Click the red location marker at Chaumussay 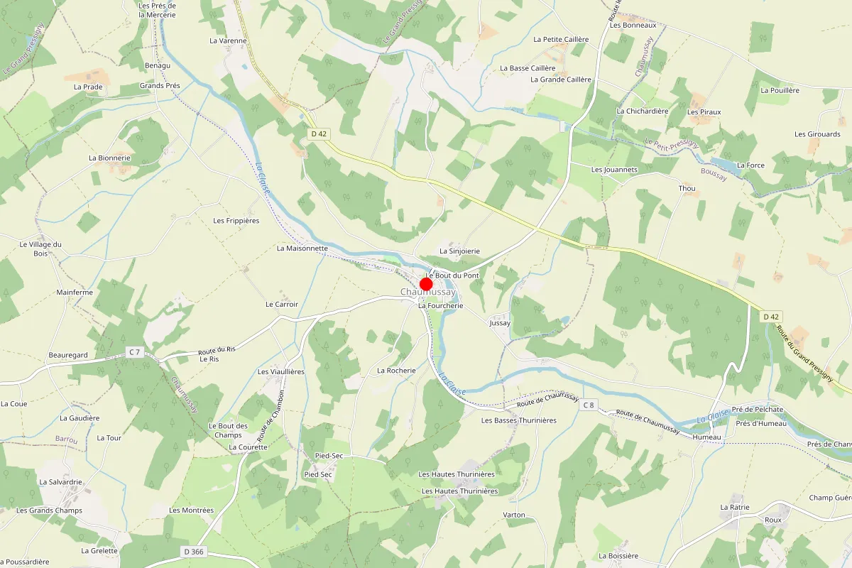(426, 284)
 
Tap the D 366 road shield (193, 551)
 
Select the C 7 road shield (135, 352)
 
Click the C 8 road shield (588, 405)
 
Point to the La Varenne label (228, 40)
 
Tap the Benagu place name (158, 65)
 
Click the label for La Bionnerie (109, 158)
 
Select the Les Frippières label (236, 221)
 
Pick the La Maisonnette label (302, 248)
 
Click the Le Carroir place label (282, 304)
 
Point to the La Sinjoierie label (459, 251)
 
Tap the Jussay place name (500, 323)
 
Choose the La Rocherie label (396, 371)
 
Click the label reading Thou (687, 188)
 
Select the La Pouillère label (780, 90)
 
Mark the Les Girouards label (817, 134)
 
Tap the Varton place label (514, 515)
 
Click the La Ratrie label (735, 507)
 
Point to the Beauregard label (68, 355)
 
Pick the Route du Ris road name (217, 349)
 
